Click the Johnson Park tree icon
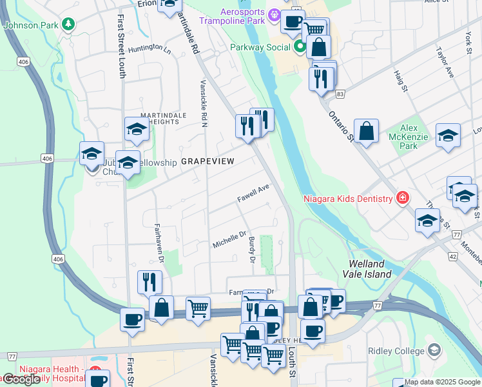(68, 25)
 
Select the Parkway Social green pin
(300, 47)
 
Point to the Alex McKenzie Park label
(409, 137)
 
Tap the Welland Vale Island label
(370, 269)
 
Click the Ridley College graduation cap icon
(434, 350)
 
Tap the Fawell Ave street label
(252, 193)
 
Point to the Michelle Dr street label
(230, 241)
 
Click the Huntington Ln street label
(149, 49)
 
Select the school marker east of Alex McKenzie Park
(448, 135)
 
